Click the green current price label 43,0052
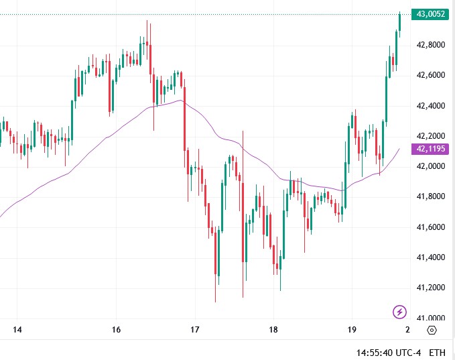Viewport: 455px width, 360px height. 432,14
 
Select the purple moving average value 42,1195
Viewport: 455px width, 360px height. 432,149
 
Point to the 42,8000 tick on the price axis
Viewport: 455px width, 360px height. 431,44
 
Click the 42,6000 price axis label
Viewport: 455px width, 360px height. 431,75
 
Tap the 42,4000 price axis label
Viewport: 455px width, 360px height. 431,105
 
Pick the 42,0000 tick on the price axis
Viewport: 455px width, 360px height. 431,166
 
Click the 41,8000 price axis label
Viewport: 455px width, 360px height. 431,196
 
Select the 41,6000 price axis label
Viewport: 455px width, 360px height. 431,227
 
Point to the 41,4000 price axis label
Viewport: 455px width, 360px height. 431,257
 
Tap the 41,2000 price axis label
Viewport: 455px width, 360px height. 431,288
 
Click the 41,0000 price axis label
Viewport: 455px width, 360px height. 431,318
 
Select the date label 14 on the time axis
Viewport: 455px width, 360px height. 17,330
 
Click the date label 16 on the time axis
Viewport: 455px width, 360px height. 116,330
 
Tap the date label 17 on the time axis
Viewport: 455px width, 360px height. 194,330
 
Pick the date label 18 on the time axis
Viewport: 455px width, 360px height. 273,330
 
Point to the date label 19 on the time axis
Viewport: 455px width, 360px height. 352,330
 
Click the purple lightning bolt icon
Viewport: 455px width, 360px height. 399,311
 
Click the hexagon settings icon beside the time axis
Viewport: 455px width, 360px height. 432,331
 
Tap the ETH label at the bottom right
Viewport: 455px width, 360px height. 437,352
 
